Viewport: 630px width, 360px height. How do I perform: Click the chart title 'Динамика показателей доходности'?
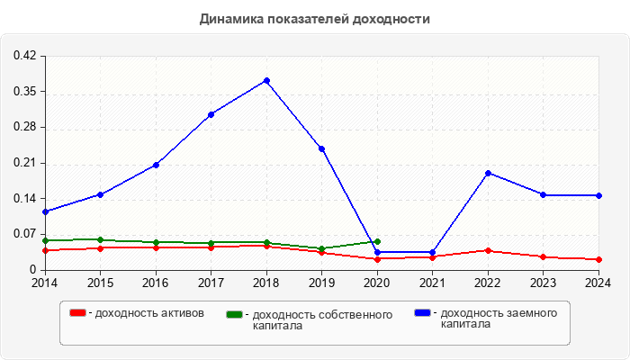pyautogui.click(x=315, y=19)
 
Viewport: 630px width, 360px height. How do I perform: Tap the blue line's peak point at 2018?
pyautogui.click(x=266, y=81)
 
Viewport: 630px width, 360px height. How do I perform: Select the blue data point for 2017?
pyautogui.click(x=211, y=114)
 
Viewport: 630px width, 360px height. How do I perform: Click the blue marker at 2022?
pyautogui.click(x=488, y=173)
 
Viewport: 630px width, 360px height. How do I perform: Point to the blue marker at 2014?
pyautogui.click(x=45, y=211)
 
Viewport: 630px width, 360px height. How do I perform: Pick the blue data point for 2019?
pyautogui.click(x=321, y=148)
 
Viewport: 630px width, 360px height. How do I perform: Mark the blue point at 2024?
pyautogui.click(x=598, y=195)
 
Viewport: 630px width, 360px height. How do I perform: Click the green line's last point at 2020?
pyautogui.click(x=377, y=241)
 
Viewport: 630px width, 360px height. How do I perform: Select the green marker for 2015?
pyautogui.click(x=100, y=239)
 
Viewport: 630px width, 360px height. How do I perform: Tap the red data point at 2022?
pyautogui.click(x=488, y=250)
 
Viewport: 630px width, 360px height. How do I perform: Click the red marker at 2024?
pyautogui.click(x=598, y=259)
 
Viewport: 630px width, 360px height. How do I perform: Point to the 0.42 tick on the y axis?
pyautogui.click(x=24, y=56)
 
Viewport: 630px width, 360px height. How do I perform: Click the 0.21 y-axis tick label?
pyautogui.click(x=24, y=163)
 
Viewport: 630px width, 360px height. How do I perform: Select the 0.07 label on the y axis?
pyautogui.click(x=24, y=234)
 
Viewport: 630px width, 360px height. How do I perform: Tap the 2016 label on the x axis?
pyautogui.click(x=156, y=283)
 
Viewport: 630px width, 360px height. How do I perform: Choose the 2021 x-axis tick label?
pyautogui.click(x=432, y=283)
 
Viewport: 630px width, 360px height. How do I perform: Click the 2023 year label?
pyautogui.click(x=544, y=283)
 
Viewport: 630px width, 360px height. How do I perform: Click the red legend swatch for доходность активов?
pyautogui.click(x=77, y=312)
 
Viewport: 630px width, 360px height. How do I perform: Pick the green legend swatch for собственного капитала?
pyautogui.click(x=235, y=314)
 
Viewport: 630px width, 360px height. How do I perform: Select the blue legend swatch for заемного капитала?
pyautogui.click(x=422, y=312)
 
